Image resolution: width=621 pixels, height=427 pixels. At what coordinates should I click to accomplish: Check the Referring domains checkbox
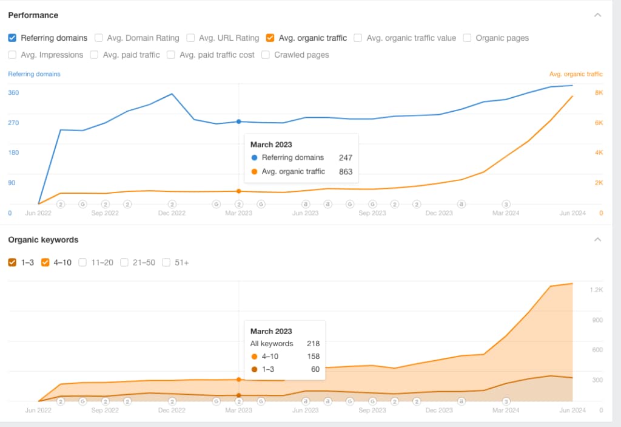click(x=12, y=38)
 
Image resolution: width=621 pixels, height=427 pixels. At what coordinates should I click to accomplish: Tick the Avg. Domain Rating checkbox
click(x=99, y=38)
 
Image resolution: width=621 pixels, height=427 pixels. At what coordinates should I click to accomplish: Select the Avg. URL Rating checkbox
click(x=191, y=38)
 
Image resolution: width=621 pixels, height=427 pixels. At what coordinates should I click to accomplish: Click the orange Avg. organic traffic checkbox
click(x=270, y=38)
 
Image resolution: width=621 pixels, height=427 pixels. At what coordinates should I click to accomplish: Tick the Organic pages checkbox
click(x=468, y=38)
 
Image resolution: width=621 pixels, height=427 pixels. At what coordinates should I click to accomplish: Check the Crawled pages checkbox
click(x=266, y=55)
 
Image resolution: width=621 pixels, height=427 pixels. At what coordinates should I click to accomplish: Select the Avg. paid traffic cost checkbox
click(x=171, y=55)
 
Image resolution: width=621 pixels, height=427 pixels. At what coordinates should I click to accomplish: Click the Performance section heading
click(x=33, y=15)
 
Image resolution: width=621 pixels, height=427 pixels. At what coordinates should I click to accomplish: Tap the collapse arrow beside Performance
click(x=598, y=15)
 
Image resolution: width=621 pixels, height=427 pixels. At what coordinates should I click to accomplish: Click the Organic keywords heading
click(x=43, y=240)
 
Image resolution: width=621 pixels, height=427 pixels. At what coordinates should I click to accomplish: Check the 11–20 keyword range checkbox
click(x=83, y=262)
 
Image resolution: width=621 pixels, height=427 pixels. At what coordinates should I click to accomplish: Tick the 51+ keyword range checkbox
click(x=166, y=262)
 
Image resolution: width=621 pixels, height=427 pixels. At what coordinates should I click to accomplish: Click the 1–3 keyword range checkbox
click(x=12, y=262)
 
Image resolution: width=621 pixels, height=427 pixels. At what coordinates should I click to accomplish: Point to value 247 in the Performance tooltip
click(x=346, y=157)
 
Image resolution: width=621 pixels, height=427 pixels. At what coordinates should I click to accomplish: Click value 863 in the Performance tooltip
click(x=346, y=172)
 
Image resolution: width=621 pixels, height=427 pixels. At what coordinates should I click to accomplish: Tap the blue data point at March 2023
click(x=239, y=121)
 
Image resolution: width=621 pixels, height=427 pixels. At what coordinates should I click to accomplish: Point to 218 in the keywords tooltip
click(x=313, y=344)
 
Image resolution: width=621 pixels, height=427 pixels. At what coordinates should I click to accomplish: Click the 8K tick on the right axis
click(x=599, y=92)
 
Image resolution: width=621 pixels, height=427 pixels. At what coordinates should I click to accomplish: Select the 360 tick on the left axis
click(x=13, y=92)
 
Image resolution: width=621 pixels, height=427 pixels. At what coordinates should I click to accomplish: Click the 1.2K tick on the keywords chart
click(x=596, y=290)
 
